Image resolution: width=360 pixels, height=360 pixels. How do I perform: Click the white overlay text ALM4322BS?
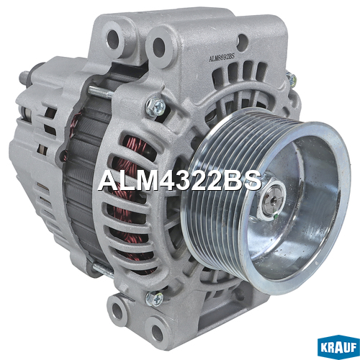[179, 181]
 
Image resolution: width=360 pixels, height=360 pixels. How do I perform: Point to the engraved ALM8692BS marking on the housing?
[222, 58]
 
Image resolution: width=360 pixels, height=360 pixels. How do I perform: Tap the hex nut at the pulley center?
[271, 201]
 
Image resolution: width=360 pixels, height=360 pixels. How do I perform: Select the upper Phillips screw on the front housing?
[156, 107]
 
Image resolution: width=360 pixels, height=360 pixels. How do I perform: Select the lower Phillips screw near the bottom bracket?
[154, 299]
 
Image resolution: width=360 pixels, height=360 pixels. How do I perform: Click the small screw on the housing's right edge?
[291, 78]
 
